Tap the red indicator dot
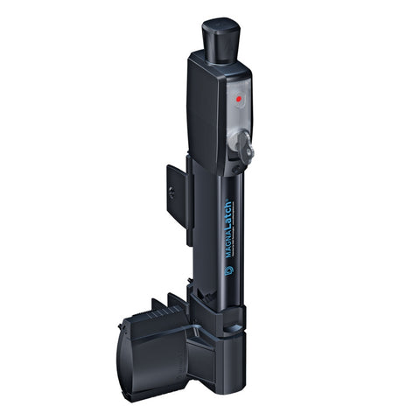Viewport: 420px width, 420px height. (239, 100)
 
